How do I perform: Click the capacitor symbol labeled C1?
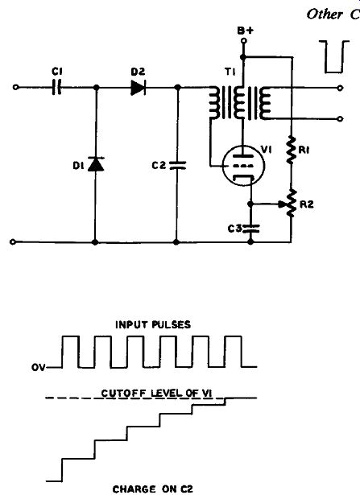tap(57, 87)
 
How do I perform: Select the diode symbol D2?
tap(138, 88)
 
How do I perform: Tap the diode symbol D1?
tap(96, 164)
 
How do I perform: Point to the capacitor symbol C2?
tap(177, 166)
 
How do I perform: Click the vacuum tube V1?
tap(243, 166)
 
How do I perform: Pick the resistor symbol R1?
tap(292, 150)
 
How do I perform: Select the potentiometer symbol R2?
tap(292, 204)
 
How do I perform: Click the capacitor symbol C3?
tap(250, 229)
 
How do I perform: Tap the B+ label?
tap(246, 31)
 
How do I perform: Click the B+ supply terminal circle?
tap(243, 41)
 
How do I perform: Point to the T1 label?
tap(230, 72)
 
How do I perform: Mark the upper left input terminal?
tap(15, 87)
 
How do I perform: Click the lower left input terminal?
tap(13, 241)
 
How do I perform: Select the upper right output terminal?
tap(340, 88)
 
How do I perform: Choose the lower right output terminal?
tap(340, 118)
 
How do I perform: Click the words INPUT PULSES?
tap(153, 325)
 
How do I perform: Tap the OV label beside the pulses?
tap(38, 368)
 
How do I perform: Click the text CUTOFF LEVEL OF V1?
tap(156, 394)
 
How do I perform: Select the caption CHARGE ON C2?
tap(152, 489)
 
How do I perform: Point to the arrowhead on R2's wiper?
tap(282, 204)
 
